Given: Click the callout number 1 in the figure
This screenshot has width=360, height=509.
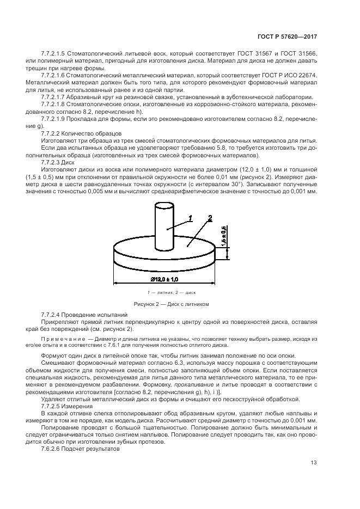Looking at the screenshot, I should coord(191,219).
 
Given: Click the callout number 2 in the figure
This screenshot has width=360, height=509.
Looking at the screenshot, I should coord(209,219).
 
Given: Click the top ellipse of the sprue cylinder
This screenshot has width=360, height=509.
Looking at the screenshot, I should coord(163,205).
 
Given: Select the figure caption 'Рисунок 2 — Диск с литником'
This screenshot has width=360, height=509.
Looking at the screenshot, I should coord(171,304).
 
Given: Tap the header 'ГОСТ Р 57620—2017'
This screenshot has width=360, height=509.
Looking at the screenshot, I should coord(287,36).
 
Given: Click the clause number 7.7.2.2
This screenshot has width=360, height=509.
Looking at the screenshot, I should coord(53,133).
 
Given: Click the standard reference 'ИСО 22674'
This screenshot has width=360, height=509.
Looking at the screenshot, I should coord(300,74).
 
